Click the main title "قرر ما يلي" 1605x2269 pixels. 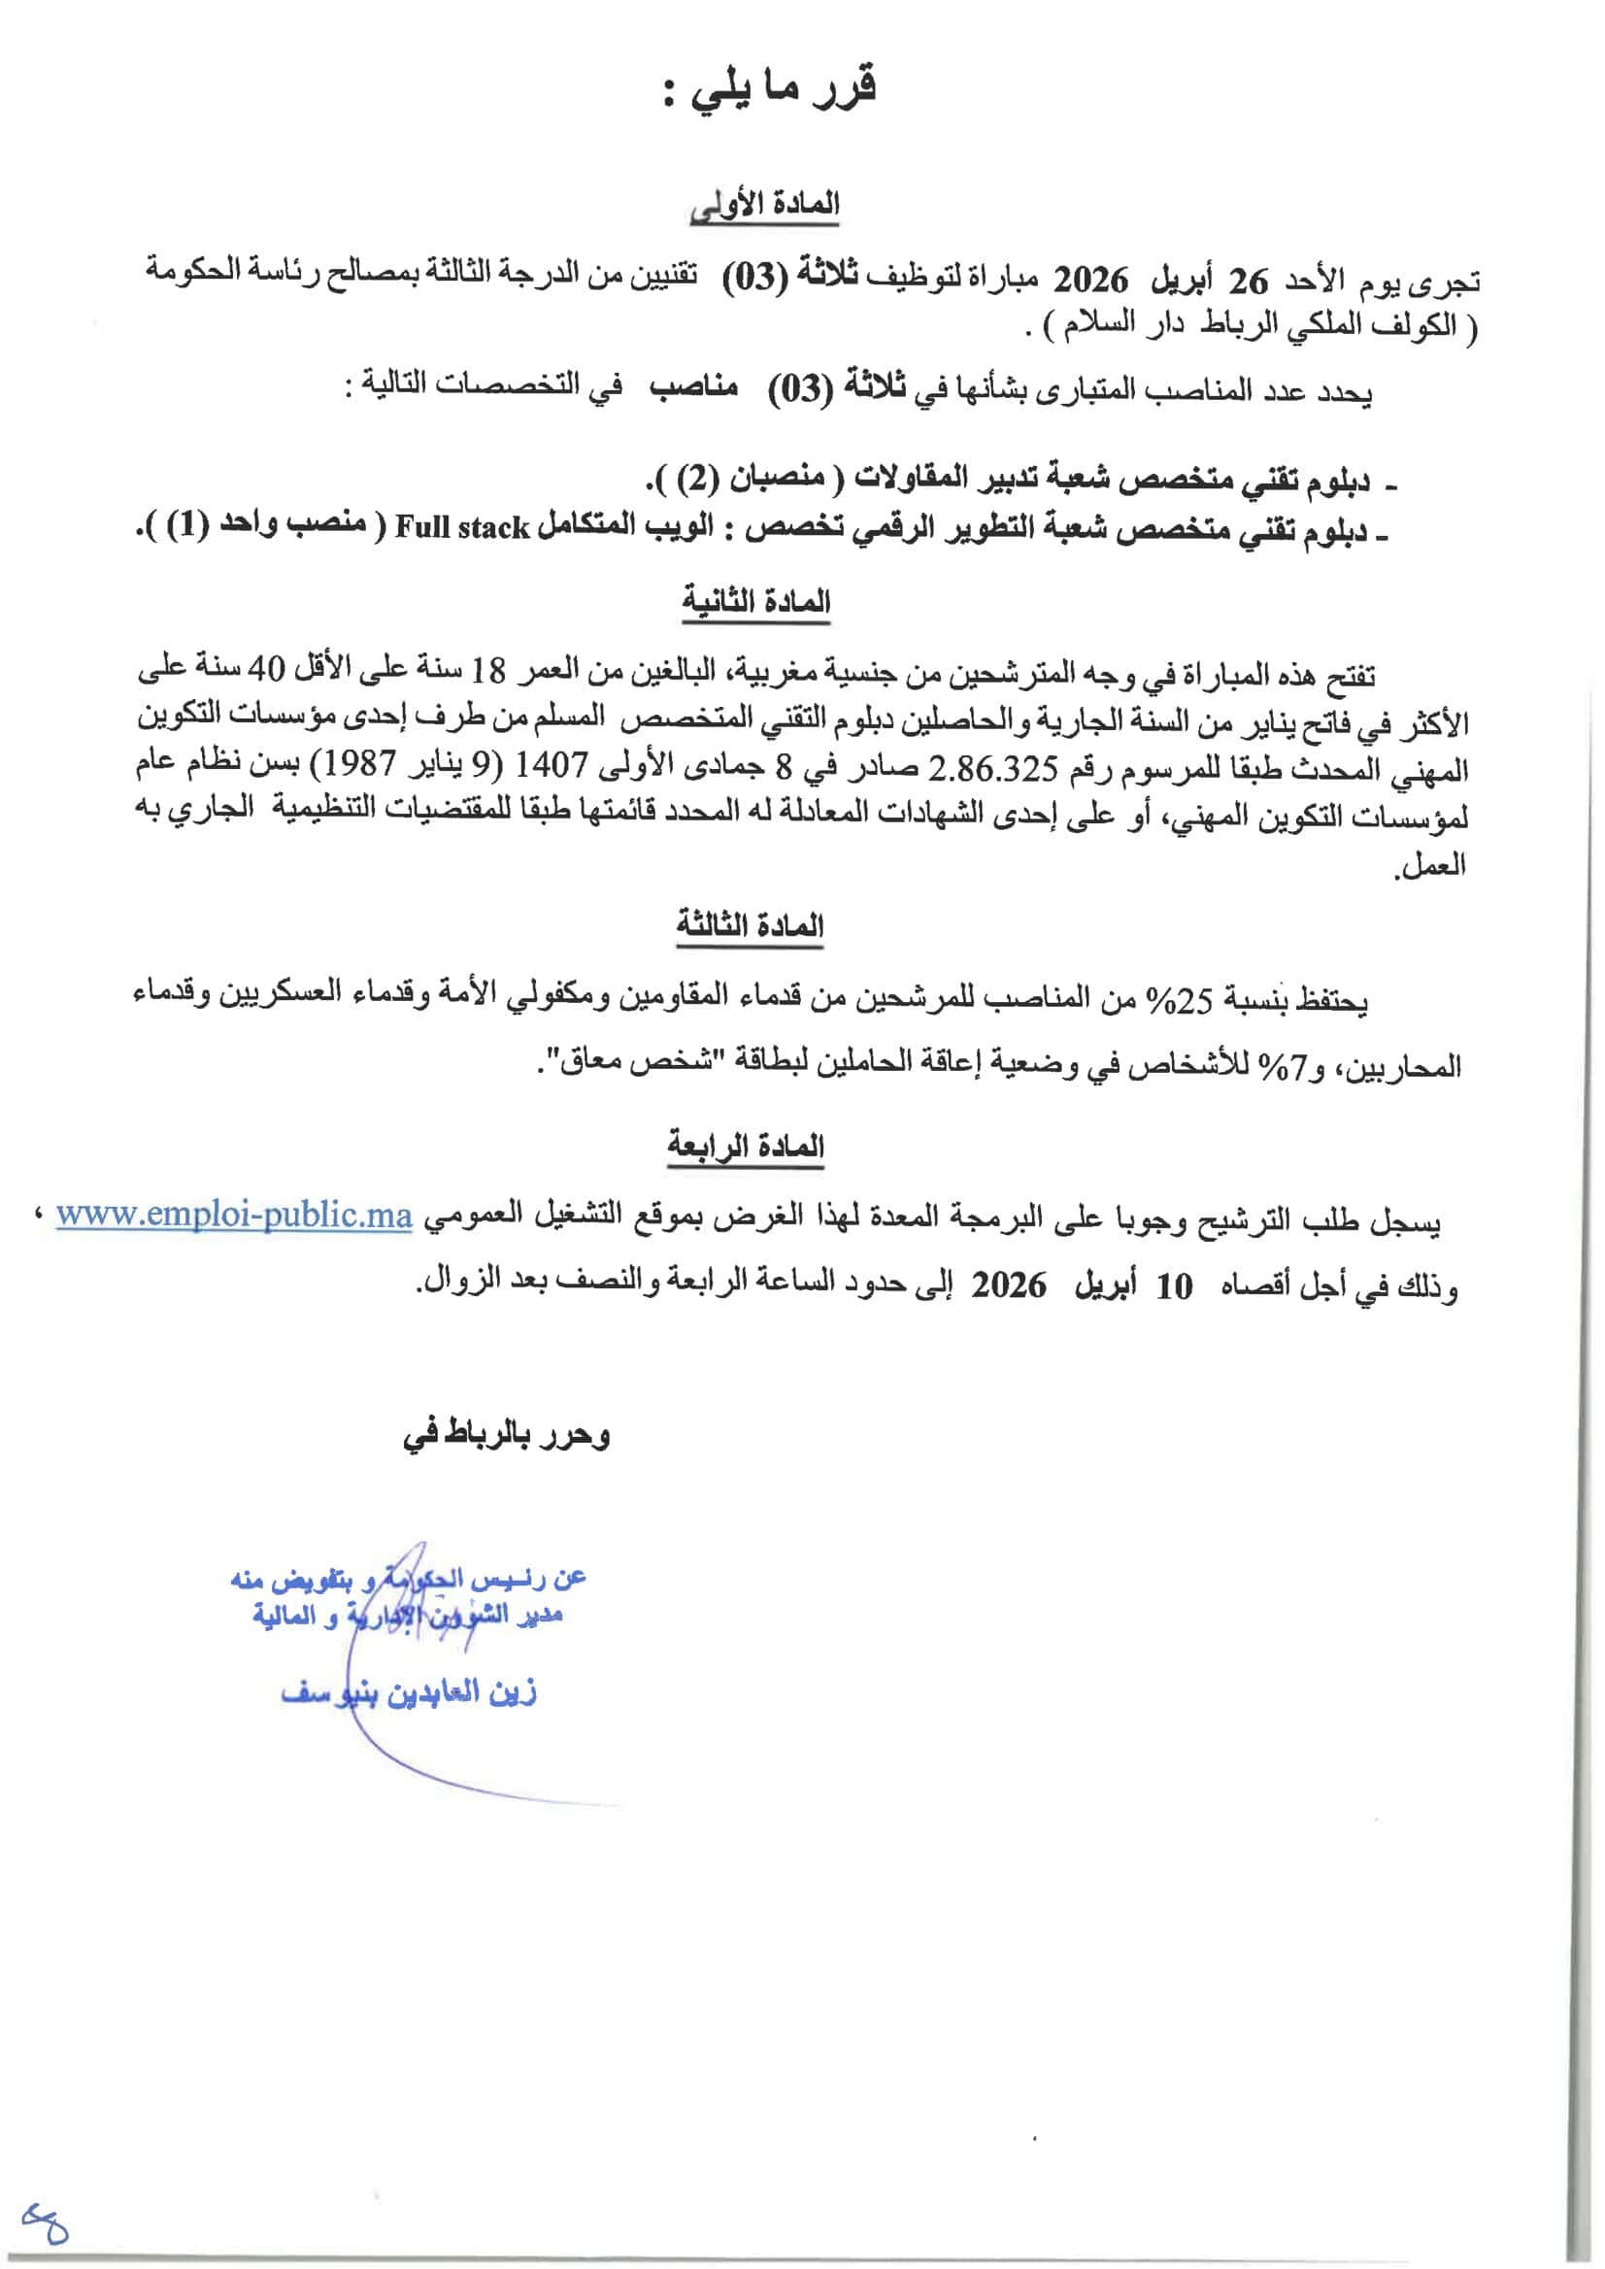pyautogui.click(x=770, y=91)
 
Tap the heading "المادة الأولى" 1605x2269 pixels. pyautogui.click(x=765, y=206)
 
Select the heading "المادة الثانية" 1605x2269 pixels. pyautogui.click(x=756, y=602)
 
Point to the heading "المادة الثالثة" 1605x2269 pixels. pyautogui.click(x=751, y=925)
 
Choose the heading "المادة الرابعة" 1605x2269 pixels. pyautogui.click(x=745, y=1147)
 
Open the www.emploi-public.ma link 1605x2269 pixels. pyautogui.click(x=233, y=1215)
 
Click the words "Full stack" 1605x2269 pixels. pyautogui.click(x=462, y=528)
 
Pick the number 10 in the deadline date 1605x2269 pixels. pyautogui.click(x=1174, y=1285)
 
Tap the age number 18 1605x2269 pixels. pyautogui.click(x=487, y=671)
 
